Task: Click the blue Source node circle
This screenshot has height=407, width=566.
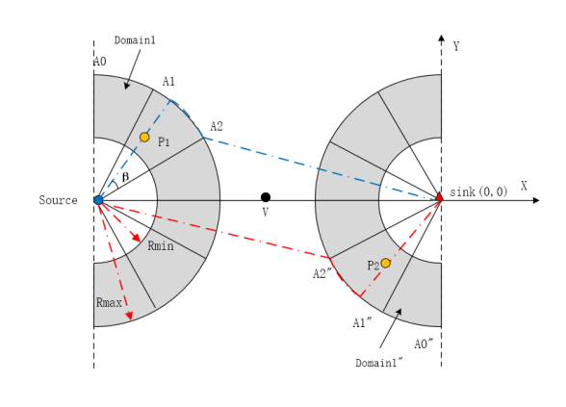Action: (98, 200)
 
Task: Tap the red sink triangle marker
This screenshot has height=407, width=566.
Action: (439, 196)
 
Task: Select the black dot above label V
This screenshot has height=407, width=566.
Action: (266, 197)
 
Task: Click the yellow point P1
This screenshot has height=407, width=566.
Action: (144, 137)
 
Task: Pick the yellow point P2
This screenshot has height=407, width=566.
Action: (385, 263)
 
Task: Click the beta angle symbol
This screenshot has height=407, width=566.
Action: (125, 177)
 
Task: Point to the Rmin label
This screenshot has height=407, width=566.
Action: (161, 246)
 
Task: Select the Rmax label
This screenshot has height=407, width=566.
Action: (109, 302)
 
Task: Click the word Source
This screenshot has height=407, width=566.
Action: (58, 200)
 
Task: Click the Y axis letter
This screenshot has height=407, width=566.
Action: (456, 46)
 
